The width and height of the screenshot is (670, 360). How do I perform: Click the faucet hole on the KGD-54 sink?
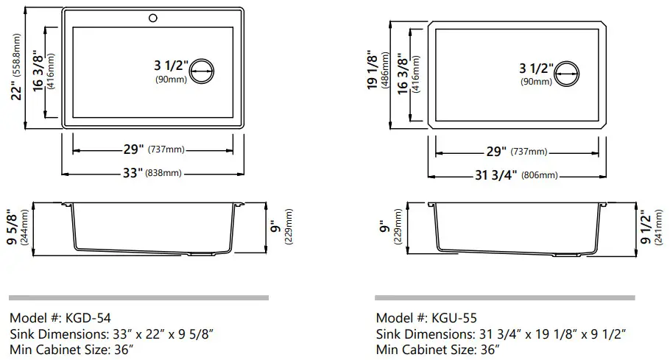coord(153,15)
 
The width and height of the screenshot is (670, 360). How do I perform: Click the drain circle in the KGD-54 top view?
coord(202,71)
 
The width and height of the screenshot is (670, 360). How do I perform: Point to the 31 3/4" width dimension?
coord(494,175)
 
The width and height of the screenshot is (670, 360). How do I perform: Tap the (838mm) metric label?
coord(163,174)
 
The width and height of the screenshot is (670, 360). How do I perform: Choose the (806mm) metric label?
coord(540,176)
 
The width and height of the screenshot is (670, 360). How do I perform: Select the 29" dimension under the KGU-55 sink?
coord(497,152)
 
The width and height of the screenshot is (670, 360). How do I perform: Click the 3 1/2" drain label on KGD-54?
coord(171,66)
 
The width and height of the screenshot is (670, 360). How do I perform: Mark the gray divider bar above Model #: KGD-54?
coord(138,297)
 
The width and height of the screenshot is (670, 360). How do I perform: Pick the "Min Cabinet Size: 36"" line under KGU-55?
coord(437,350)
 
